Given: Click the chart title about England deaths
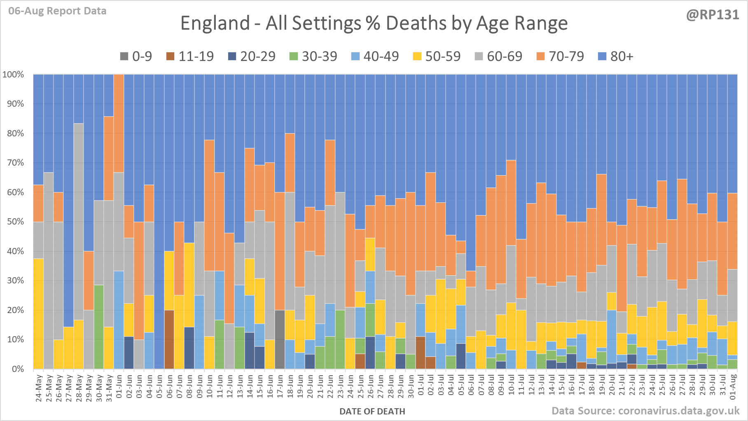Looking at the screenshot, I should pos(374,23).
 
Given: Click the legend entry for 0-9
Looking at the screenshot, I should pos(136,56).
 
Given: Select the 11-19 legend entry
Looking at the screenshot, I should pos(190,56).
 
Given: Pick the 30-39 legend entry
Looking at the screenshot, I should pos(313,56).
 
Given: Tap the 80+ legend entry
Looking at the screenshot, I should pos(615,56).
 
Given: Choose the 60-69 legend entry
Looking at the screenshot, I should pos(499,56).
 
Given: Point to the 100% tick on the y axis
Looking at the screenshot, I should pos(13,75).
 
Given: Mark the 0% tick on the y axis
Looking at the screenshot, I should pos(17,369).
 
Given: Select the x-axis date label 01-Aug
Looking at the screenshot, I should pos(733,387).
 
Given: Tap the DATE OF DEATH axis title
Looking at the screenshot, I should pos(372,411).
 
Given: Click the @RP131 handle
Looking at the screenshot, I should pos(712,15).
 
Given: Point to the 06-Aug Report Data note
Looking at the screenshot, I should pos(57,11).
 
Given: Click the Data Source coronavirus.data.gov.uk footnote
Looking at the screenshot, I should pos(645,411).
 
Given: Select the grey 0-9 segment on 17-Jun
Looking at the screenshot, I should pos(280,339).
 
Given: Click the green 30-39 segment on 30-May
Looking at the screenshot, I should pos(99,327).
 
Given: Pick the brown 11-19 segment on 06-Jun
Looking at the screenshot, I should pos(169,339).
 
